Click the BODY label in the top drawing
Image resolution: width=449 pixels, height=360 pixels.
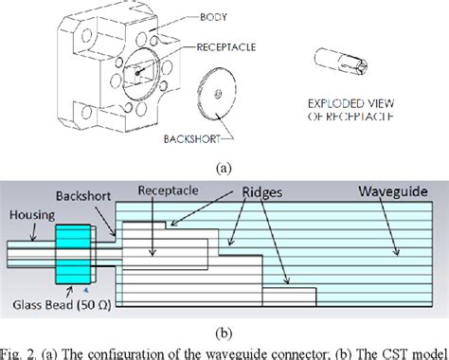point(214,17)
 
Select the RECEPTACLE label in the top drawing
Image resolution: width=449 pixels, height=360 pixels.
point(231,44)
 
